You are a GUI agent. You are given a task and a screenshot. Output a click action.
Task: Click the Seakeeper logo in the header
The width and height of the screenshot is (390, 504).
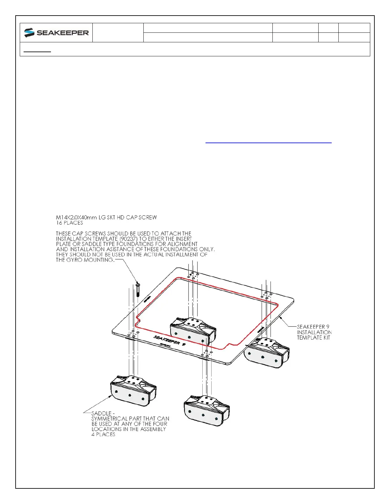click(56, 33)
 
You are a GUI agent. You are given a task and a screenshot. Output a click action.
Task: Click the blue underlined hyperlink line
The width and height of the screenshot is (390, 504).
click(268, 143)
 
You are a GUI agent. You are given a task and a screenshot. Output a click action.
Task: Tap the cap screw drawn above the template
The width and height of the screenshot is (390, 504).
click(138, 289)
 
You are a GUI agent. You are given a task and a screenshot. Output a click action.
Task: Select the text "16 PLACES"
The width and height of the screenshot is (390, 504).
click(69, 223)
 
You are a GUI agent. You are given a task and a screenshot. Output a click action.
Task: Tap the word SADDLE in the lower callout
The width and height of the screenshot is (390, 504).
click(101, 413)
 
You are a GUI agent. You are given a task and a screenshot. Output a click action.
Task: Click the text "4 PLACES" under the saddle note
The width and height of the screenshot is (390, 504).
click(103, 434)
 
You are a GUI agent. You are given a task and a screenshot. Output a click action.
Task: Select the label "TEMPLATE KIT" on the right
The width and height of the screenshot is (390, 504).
click(314, 337)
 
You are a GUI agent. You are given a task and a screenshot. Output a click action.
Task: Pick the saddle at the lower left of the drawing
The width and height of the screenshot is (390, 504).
click(133, 390)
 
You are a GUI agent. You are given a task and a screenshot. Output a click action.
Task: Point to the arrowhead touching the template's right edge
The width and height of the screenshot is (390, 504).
click(279, 317)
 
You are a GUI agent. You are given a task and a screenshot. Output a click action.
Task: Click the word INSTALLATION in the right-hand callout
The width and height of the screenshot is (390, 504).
click(314, 332)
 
